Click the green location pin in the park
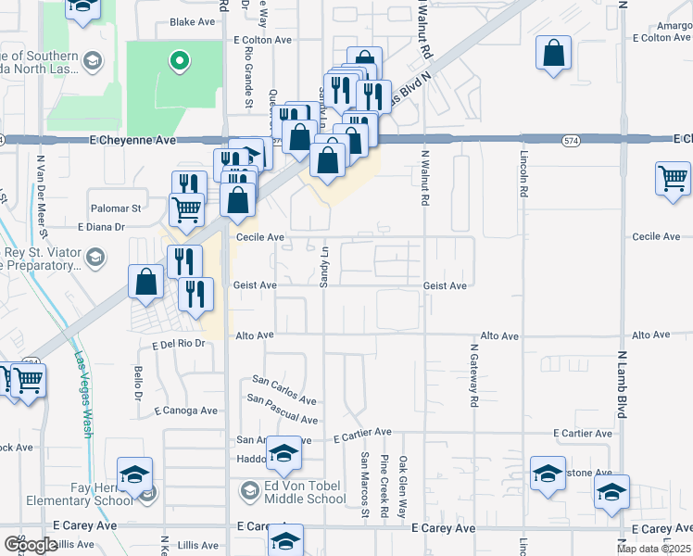[x=181, y=61]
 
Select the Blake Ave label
[x=193, y=21]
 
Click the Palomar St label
[x=116, y=208]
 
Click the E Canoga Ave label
[x=186, y=410]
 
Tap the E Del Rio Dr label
[x=177, y=344]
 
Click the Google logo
[x=31, y=544]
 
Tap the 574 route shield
[x=571, y=140]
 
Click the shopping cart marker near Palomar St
[x=186, y=210]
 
